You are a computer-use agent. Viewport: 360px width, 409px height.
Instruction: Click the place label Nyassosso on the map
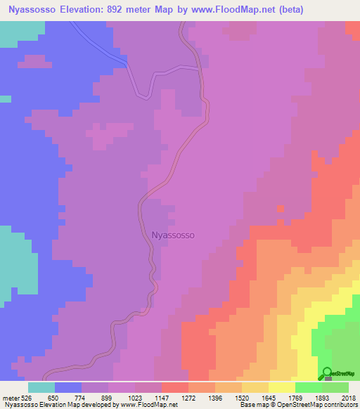[173, 236]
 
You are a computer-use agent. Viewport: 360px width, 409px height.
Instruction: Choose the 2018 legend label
[349, 397]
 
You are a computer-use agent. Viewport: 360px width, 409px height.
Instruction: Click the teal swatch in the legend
[41, 387]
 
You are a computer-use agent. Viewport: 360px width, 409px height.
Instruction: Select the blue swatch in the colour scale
[68, 387]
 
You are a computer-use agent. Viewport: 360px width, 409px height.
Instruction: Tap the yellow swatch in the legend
[281, 387]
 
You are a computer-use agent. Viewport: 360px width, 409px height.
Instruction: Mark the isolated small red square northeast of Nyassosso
[281, 208]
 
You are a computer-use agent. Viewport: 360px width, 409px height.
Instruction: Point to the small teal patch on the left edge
[6, 99]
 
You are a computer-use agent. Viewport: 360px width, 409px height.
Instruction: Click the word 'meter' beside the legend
[11, 397]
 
